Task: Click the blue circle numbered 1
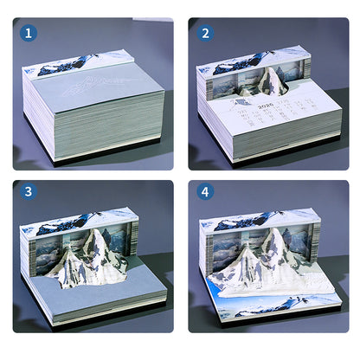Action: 30,34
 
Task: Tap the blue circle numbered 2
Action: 206,34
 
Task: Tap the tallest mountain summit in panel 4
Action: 275,232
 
